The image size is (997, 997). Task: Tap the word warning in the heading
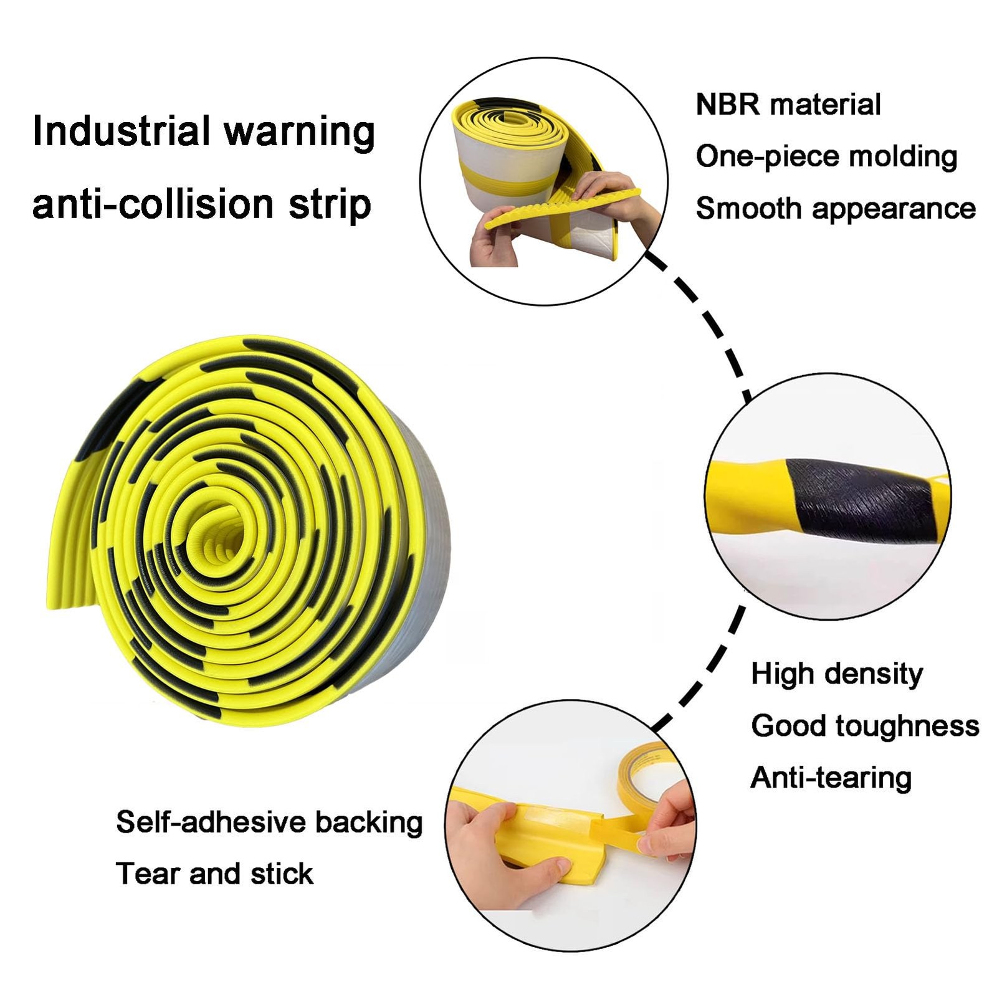[x=299, y=132]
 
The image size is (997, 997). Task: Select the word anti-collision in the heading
[x=153, y=204]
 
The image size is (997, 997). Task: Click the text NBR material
[x=788, y=104]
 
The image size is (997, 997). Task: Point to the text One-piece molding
[x=826, y=156]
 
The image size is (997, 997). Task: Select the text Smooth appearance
[x=835, y=208]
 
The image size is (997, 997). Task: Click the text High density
[x=836, y=674]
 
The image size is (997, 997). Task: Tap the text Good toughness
[x=865, y=725]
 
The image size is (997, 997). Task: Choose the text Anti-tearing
[x=831, y=778]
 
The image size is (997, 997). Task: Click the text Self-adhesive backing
[x=269, y=822]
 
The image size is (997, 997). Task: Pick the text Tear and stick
[x=214, y=874]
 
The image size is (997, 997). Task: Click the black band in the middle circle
[x=860, y=499]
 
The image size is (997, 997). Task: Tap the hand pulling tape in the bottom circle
[x=670, y=823]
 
